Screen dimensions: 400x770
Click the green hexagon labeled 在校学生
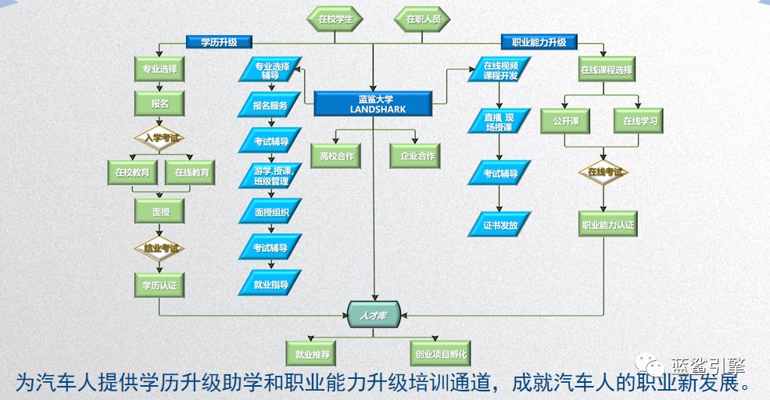pos(335,19)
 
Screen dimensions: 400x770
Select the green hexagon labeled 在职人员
pos(423,19)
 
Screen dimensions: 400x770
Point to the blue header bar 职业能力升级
pos(539,42)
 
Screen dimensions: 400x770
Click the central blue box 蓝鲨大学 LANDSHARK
pos(373,104)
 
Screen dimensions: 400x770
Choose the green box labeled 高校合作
pos(337,156)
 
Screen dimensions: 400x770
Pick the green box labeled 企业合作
pos(417,156)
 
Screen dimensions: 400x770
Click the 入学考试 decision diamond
pos(159,138)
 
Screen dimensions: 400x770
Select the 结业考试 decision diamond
pos(159,248)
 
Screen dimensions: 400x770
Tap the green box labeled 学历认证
pos(159,285)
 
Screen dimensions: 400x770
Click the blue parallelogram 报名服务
pos(270,105)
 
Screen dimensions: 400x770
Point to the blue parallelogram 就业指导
pos(270,284)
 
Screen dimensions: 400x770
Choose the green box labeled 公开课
pos(564,122)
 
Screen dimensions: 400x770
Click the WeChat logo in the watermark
pos(648,365)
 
